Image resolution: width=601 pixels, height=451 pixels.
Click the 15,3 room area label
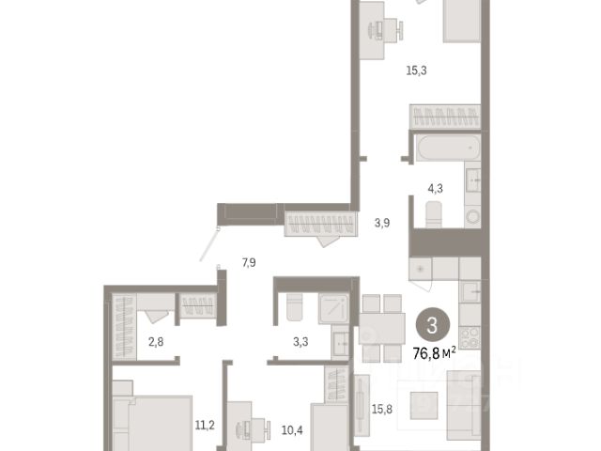[x=416, y=70]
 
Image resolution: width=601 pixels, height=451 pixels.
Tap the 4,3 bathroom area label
[x=435, y=188]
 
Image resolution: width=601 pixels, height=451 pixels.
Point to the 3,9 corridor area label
[x=382, y=223]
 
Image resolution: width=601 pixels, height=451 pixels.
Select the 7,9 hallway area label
[x=249, y=263]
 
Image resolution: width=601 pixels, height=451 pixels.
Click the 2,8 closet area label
[x=156, y=341]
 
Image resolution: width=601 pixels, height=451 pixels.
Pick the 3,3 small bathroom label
[x=300, y=341]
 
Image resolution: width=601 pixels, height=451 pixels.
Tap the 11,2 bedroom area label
[x=205, y=426]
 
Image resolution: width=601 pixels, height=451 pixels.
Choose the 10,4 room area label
[x=292, y=430]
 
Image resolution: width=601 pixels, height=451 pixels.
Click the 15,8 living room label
[x=382, y=410]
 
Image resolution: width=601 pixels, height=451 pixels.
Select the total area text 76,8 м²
[x=434, y=353]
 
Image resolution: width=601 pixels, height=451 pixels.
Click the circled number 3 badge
[x=432, y=326]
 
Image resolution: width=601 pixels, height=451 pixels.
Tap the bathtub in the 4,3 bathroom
[x=449, y=148]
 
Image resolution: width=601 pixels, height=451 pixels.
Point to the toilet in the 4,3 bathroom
[x=434, y=214]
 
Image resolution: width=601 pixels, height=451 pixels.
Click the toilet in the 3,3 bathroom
[x=294, y=306]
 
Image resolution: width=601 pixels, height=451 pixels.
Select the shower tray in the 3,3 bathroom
[x=333, y=308]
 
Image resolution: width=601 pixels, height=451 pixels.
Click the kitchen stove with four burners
[x=470, y=337]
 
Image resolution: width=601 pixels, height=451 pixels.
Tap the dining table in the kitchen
[x=382, y=329]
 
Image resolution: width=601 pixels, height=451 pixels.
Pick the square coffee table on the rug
[x=424, y=405]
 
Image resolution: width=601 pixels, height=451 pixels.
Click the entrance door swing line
[x=208, y=244]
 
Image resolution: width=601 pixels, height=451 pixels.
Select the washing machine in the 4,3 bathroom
[x=472, y=217]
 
